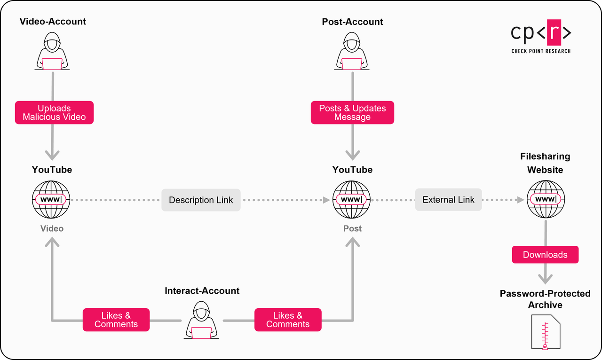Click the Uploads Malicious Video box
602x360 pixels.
point(54,113)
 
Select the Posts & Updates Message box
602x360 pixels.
point(352,113)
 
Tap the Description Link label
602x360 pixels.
point(201,200)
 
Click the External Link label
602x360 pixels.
point(448,200)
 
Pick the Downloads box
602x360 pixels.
point(545,255)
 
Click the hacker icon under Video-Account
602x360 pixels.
point(52,52)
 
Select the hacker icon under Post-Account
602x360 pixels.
point(352,52)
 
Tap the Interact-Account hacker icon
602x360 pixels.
point(202,321)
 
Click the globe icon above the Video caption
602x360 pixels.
point(52,200)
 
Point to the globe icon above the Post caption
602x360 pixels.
point(352,200)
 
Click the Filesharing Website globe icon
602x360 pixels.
point(545,200)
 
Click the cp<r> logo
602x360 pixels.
point(541,33)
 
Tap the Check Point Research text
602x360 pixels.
point(541,51)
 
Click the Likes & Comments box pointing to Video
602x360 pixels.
point(116,320)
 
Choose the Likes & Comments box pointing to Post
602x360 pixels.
point(288,320)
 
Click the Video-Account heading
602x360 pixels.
point(53,22)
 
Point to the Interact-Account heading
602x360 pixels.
point(202,291)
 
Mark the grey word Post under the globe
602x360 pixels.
point(352,228)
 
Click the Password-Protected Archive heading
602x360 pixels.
point(545,299)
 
